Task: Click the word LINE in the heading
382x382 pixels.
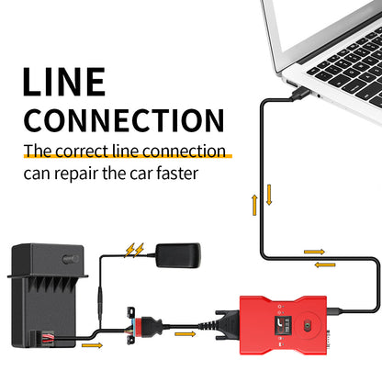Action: pyautogui.click(x=64, y=82)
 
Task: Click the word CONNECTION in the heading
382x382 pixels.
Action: pyautogui.click(x=124, y=120)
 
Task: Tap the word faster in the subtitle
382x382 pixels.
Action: pyautogui.click(x=177, y=174)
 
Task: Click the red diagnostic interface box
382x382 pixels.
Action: pyautogui.click(x=283, y=325)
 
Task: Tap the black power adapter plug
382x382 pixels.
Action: pyautogui.click(x=178, y=255)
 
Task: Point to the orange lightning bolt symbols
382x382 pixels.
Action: pyautogui.click(x=134, y=250)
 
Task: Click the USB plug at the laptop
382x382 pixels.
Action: pyautogui.click(x=299, y=93)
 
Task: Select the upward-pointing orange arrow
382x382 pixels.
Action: pyautogui.click(x=254, y=205)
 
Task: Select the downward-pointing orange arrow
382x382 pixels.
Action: pyautogui.click(x=269, y=195)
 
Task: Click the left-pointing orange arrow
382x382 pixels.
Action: pyautogui.click(x=325, y=264)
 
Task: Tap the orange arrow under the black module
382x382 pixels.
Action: pyautogui.click(x=92, y=345)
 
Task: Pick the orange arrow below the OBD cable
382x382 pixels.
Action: pyautogui.click(x=185, y=334)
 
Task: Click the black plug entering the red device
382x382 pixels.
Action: pyautogui.click(x=227, y=325)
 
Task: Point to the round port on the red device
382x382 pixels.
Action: pyautogui.click(x=306, y=325)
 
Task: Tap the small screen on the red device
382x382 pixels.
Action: pyautogui.click(x=283, y=325)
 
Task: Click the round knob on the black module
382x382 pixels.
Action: pyautogui.click(x=70, y=259)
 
